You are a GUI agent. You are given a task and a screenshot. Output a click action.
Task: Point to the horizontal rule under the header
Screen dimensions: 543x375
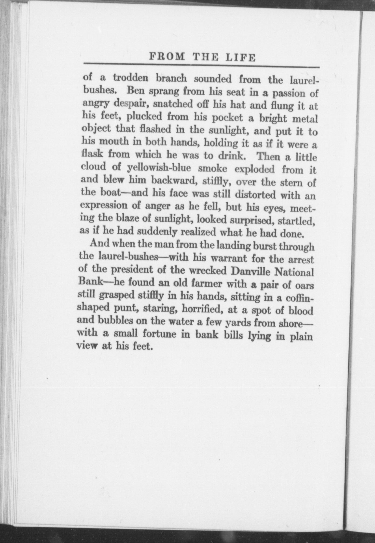coord(201,65)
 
